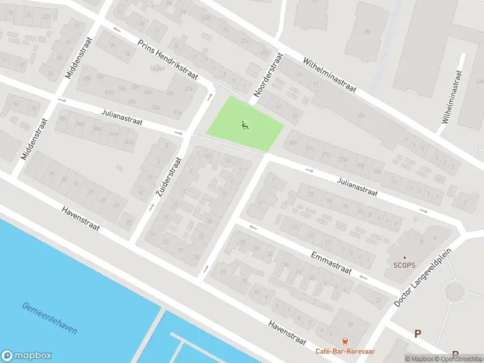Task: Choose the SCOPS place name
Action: [404, 264]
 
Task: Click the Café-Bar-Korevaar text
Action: [345, 351]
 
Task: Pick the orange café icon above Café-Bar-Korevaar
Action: [345, 341]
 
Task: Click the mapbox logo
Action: [27, 356]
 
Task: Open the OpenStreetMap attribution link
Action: [460, 359]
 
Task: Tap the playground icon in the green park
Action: [245, 125]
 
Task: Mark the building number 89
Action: [367, 31]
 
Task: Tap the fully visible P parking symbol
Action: [417, 333]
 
